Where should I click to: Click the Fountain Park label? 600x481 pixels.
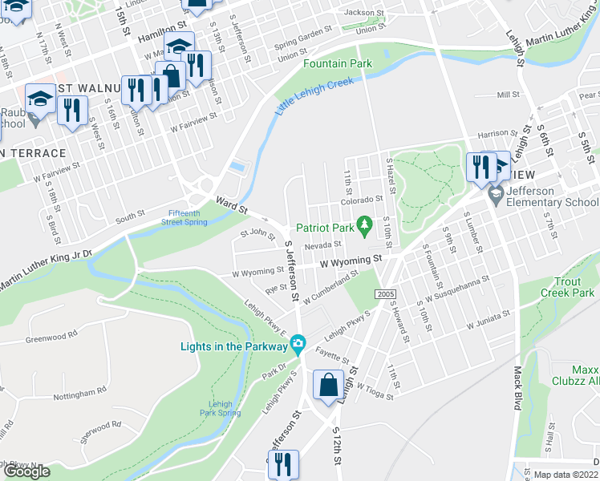[x=338, y=63]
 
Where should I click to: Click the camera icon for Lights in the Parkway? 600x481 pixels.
[x=298, y=346]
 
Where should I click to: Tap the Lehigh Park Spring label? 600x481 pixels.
[x=219, y=408]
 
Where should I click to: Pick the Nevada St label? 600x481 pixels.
[x=322, y=245]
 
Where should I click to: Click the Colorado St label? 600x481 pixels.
[x=367, y=200]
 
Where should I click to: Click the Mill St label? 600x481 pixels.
[x=508, y=95]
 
